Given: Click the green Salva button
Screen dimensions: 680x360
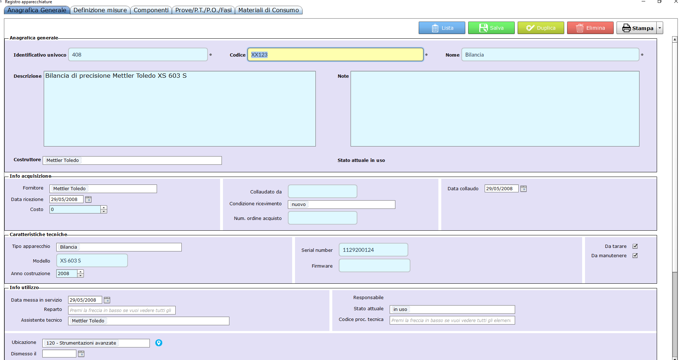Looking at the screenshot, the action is point(491,28).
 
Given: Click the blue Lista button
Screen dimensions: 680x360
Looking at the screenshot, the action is point(442,28).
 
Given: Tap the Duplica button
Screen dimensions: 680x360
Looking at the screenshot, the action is point(541,28).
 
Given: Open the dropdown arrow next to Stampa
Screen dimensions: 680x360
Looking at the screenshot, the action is point(660,28).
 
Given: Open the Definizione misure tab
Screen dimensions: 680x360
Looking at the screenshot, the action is point(100,10).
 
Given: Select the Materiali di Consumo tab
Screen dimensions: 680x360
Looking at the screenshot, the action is point(268,10).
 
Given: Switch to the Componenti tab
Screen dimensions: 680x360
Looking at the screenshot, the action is point(151,10).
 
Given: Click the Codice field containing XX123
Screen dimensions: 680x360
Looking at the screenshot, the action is point(336,54).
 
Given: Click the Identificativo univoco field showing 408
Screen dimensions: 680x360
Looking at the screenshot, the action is point(138,54).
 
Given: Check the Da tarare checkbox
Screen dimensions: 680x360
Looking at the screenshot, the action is point(635,246).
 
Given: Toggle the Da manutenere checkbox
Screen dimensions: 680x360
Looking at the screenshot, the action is point(635,255).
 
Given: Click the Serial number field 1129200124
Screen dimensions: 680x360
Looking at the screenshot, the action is point(374,250).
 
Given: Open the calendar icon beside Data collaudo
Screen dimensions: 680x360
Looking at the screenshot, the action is point(523,189).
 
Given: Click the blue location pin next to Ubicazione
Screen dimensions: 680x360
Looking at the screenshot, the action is point(159,343).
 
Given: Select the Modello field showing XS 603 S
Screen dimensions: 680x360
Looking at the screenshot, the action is point(92,260).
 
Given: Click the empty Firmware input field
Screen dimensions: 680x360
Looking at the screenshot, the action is point(375,265).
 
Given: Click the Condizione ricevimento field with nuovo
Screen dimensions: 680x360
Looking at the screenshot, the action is point(342,204).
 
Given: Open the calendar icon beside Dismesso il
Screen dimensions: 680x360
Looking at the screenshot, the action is point(81,354).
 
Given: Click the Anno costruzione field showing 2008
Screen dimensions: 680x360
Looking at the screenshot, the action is point(67,274).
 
